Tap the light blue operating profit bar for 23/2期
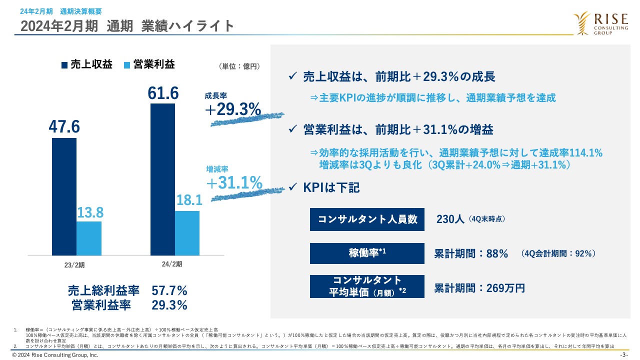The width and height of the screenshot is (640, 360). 89,238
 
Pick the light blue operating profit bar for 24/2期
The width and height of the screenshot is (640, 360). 187,233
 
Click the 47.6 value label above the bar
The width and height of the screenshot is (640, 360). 64,127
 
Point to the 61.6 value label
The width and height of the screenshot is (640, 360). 163,93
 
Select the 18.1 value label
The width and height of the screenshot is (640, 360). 188,200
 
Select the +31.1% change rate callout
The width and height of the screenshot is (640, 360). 234,183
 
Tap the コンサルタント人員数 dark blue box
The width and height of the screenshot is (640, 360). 367,219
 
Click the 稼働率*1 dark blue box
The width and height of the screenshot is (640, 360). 367,253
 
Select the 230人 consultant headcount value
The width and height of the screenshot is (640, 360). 450,219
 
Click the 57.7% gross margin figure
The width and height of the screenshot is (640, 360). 169,290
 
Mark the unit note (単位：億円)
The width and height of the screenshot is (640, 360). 239,65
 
